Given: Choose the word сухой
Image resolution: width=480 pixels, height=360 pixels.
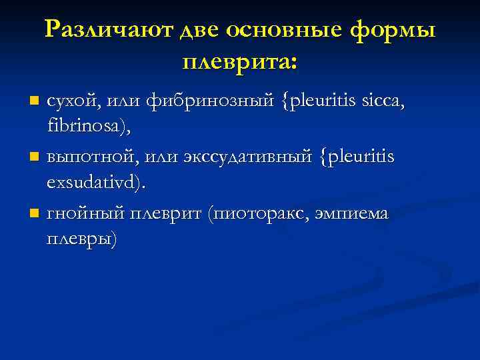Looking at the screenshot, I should click(x=73, y=102).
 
